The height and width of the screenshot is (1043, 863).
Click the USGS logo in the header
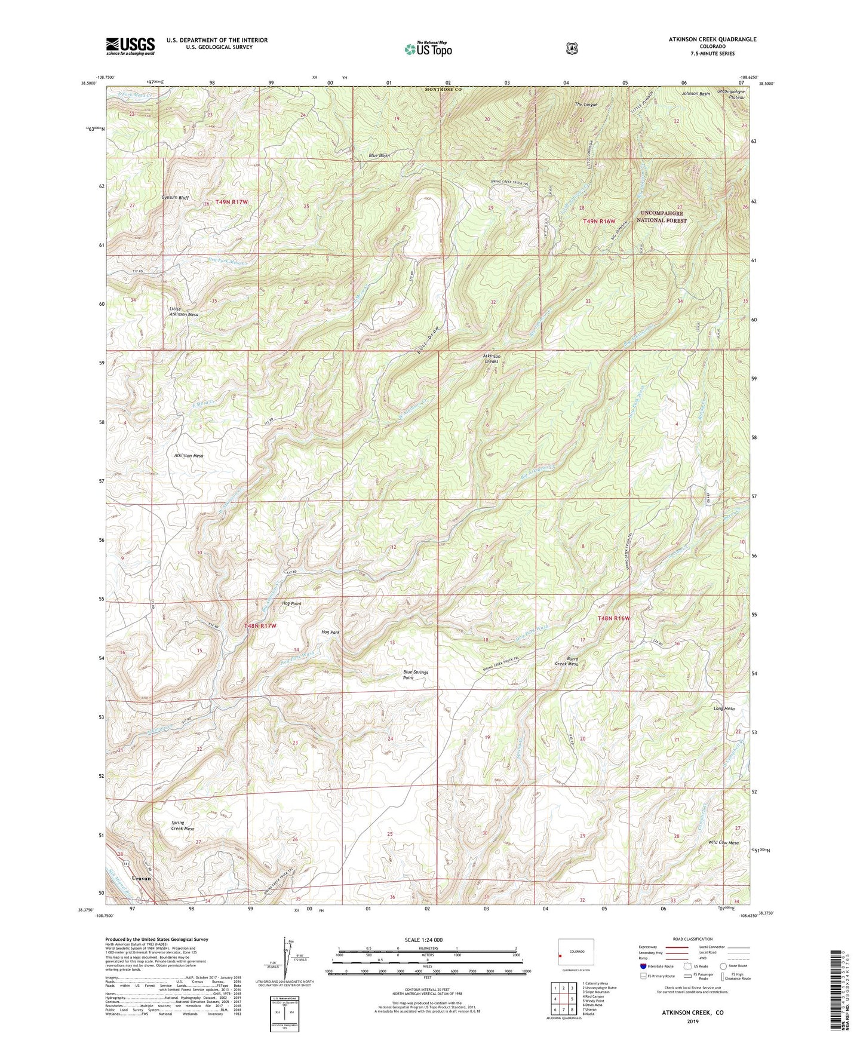click(130, 46)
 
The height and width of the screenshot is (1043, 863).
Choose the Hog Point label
click(291, 604)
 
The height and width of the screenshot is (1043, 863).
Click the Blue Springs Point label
click(416, 675)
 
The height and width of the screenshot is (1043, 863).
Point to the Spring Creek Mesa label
click(182, 826)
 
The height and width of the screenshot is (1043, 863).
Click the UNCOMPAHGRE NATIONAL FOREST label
click(664, 216)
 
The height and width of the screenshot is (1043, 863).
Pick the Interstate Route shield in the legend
click(643, 966)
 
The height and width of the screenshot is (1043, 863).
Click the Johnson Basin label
click(696, 94)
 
